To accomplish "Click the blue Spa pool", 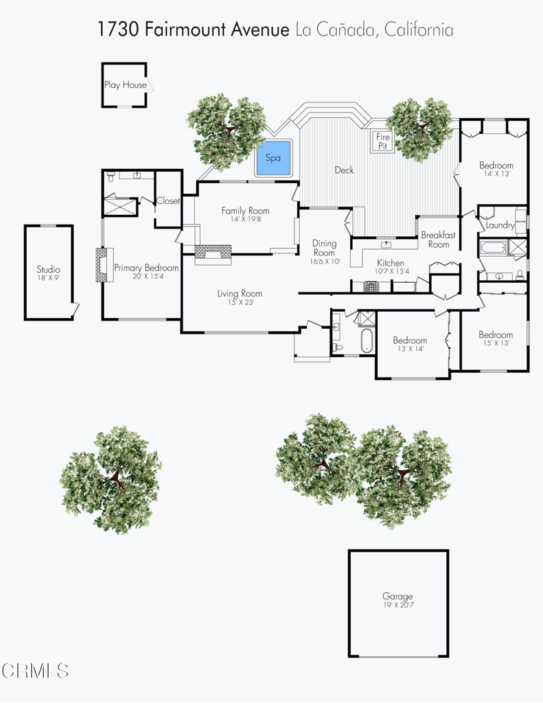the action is pyautogui.click(x=273, y=158).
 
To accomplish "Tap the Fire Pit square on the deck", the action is pyautogui.click(x=382, y=141).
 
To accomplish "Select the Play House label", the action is pyautogui.click(x=126, y=84).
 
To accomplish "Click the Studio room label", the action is pyautogui.click(x=49, y=269).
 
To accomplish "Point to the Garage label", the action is pyautogui.click(x=397, y=597).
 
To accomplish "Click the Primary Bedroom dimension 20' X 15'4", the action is pyautogui.click(x=148, y=276).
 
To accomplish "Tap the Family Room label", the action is pyautogui.click(x=245, y=210).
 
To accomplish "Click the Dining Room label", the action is pyautogui.click(x=324, y=247).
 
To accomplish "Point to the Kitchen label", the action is pyautogui.click(x=391, y=263).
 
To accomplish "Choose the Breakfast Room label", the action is pyautogui.click(x=438, y=240).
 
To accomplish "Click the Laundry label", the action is pyautogui.click(x=500, y=225).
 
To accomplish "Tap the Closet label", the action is pyautogui.click(x=167, y=201).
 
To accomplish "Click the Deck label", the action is pyautogui.click(x=344, y=170).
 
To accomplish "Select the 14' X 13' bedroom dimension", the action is pyautogui.click(x=495, y=174).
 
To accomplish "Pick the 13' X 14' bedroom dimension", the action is pyautogui.click(x=411, y=348).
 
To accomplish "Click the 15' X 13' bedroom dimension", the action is pyautogui.click(x=496, y=343).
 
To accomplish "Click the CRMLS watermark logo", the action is pyautogui.click(x=34, y=671).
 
